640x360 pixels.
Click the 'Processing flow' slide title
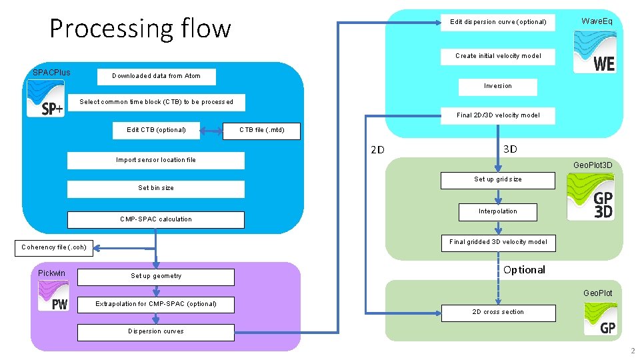click(140, 29)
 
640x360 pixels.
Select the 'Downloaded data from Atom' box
click(156, 76)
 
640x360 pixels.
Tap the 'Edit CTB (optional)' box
click(156, 130)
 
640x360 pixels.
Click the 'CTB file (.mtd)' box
click(262, 130)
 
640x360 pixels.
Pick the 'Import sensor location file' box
click(156, 160)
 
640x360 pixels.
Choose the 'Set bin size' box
click(156, 188)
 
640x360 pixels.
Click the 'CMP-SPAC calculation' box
click(156, 219)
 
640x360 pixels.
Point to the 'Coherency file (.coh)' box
click(54, 247)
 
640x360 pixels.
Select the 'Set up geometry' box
click(156, 276)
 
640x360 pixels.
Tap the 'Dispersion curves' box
click(156, 331)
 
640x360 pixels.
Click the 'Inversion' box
click(498, 86)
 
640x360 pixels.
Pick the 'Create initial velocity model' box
click(498, 56)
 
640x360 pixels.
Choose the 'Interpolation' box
click(498, 211)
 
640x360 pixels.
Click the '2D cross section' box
click(498, 312)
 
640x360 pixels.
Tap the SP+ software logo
click(46, 99)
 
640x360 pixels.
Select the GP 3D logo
click(590, 196)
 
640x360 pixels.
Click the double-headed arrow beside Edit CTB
click(212, 131)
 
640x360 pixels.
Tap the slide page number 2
click(632, 351)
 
